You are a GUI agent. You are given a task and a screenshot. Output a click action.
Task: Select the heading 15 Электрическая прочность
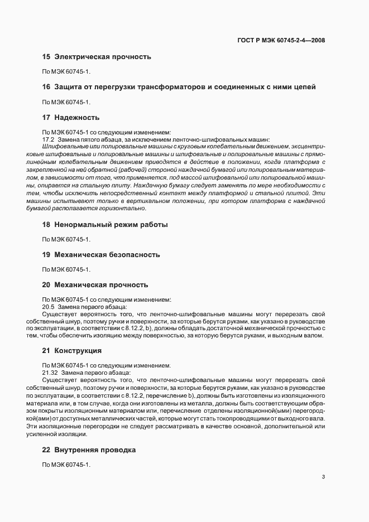pos(97,57)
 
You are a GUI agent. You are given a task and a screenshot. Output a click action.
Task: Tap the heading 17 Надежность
pos(71,118)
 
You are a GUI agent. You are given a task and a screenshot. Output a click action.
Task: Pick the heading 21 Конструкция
pos(71,351)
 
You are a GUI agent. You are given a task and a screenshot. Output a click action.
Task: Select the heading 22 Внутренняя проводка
pos(89,449)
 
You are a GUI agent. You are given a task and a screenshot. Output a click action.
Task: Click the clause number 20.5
pos(48,306)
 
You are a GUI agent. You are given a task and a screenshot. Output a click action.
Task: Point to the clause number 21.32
pos(50,372)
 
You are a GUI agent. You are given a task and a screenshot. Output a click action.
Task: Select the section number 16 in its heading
pos(46,87)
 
